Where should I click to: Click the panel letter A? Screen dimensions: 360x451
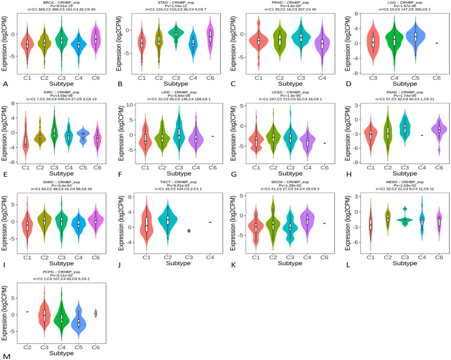pos(5,84)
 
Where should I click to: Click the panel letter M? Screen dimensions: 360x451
pos(5,355)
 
